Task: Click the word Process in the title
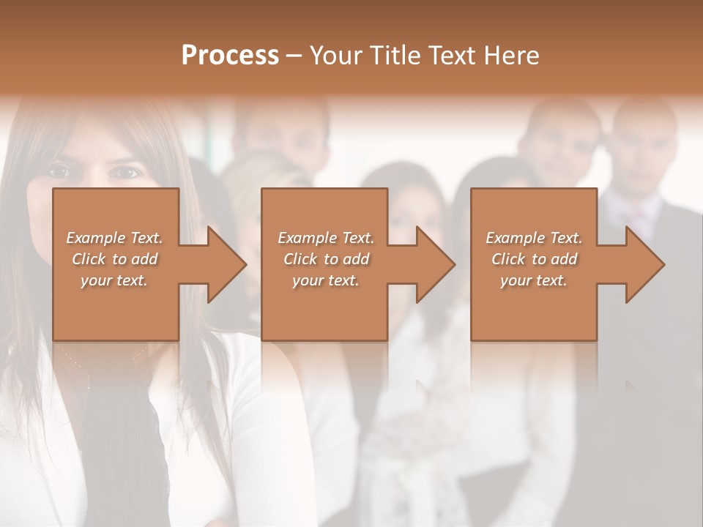click(x=230, y=56)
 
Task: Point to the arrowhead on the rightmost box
click(x=644, y=264)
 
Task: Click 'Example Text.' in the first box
click(x=114, y=238)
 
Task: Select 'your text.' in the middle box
click(x=325, y=280)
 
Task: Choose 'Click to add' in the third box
click(x=534, y=259)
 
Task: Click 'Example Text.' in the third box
click(x=534, y=238)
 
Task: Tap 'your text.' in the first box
click(x=114, y=280)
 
